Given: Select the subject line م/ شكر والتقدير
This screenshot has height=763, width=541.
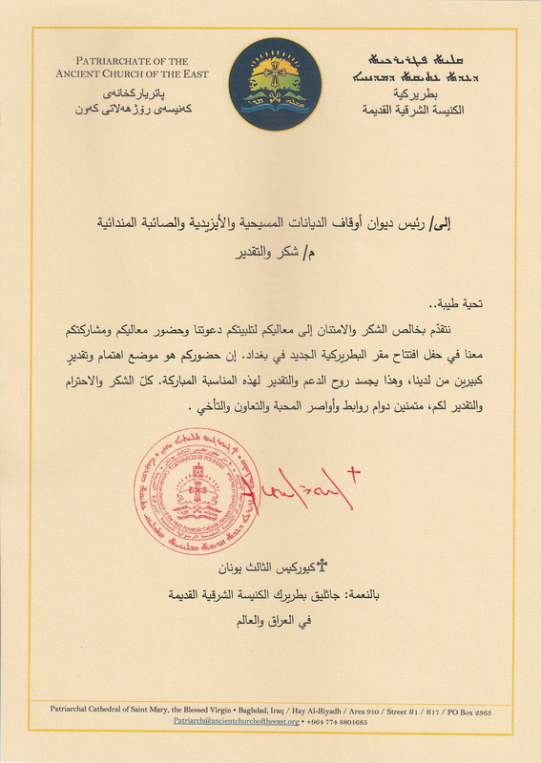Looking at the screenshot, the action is coord(279,256).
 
